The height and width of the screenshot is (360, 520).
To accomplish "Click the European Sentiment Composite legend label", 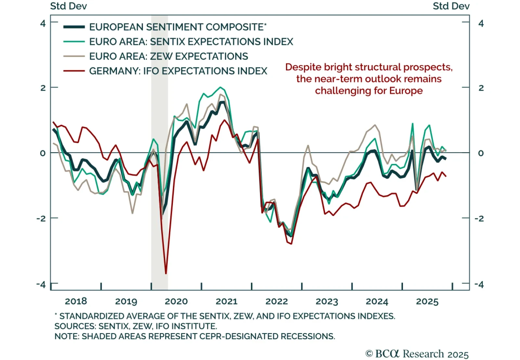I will pos(177,27).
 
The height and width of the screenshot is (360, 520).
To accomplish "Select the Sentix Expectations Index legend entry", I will pos(191,42).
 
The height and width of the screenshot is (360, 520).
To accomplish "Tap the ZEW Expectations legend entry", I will pos(168,56).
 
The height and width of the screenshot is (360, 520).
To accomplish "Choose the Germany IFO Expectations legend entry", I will pos(178,71).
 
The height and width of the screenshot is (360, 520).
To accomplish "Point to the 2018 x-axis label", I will pos(76,301).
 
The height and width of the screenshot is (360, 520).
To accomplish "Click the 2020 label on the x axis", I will pos(176,301).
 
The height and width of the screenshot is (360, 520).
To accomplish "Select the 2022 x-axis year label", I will pos(277,301).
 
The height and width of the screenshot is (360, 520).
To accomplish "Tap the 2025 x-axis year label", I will pos(427,301).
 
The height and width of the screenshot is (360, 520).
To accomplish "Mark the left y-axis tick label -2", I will pos(41,218).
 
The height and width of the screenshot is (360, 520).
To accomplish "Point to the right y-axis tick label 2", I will pos(481,88).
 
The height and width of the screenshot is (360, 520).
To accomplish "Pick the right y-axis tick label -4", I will pos(479,285).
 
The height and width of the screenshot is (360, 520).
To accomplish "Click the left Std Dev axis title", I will pos(68,6).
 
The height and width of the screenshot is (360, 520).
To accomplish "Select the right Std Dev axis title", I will pos(451,6).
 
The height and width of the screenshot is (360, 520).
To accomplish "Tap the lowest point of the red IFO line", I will pos(166,273).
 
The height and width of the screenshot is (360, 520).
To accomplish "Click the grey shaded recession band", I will pos(160,195).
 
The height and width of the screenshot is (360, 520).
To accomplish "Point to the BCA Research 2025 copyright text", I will pos(417,354).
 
